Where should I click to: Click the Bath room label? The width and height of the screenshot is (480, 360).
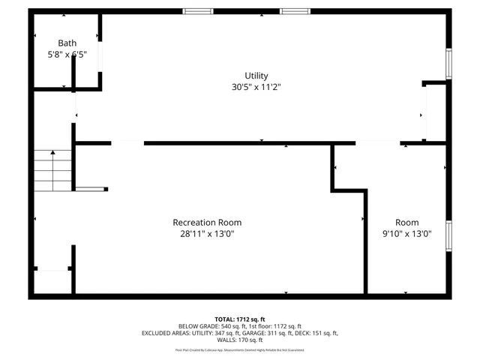(67, 43)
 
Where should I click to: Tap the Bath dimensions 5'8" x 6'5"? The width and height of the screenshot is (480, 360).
(67, 55)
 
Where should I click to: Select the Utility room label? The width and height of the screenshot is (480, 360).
(256, 76)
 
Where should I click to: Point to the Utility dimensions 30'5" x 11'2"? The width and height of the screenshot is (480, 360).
(256, 87)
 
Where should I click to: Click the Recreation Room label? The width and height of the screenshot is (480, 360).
(207, 223)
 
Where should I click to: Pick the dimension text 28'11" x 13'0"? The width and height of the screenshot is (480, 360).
(207, 234)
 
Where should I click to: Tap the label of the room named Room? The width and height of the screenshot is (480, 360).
(407, 223)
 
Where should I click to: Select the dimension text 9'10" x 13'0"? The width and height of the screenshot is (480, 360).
(407, 234)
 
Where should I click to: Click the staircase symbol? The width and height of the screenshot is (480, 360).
(52, 171)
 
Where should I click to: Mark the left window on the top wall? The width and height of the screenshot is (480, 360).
(198, 11)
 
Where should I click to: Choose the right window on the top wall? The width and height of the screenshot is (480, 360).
(295, 11)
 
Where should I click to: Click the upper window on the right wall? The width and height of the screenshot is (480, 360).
(448, 64)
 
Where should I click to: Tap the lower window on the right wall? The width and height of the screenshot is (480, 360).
(448, 235)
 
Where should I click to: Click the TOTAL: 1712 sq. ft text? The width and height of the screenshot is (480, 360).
(240, 319)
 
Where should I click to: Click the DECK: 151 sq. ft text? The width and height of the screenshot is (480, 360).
(318, 334)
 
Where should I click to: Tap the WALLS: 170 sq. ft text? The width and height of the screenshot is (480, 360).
(240, 340)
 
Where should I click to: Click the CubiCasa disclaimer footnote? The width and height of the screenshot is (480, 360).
(240, 349)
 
